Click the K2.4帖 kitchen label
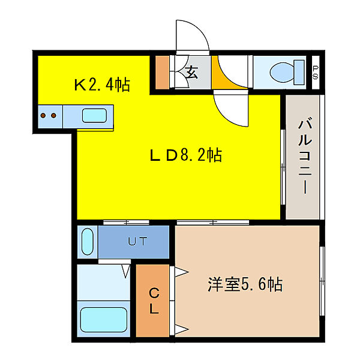tap(102, 85)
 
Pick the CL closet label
tap(154, 301)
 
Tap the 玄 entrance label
tap(192, 73)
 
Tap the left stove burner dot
tap(44, 114)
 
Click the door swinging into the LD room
tap(232, 108)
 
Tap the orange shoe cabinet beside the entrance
tap(162, 73)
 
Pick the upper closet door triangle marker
tap(179, 271)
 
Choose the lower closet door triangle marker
tap(179, 328)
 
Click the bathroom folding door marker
tap(126, 271)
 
